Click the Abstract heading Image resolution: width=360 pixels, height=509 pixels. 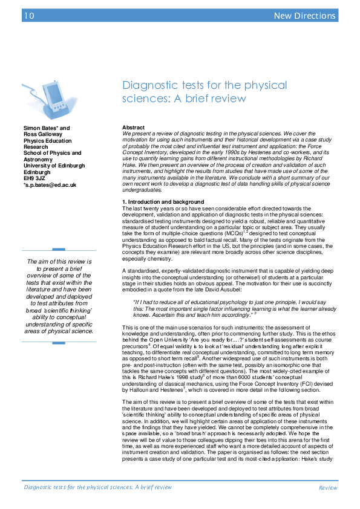click(133, 128)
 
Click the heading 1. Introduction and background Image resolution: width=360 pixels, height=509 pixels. click(163, 201)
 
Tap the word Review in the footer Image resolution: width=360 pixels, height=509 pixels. click(328, 487)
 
